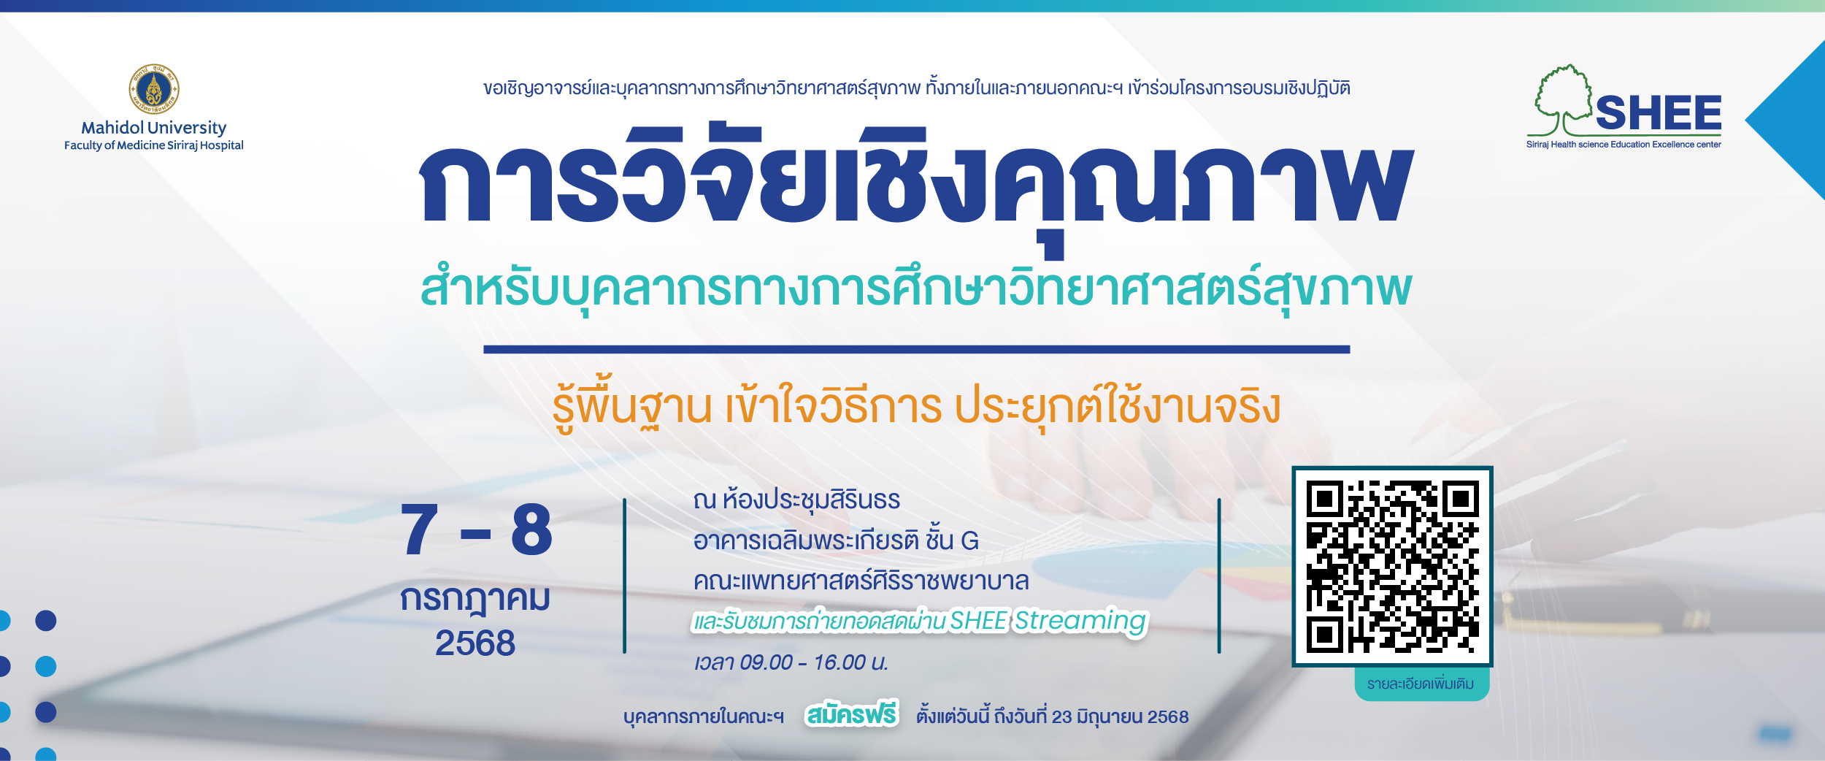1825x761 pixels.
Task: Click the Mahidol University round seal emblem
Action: tap(154, 89)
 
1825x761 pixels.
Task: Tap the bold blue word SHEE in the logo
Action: tap(1659, 113)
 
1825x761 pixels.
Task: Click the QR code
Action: tap(1392, 566)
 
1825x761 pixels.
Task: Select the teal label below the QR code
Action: tap(1421, 684)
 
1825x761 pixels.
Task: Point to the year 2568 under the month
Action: tap(475, 643)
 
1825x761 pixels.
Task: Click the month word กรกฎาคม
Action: tap(475, 599)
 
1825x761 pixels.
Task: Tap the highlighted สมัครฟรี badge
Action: tap(851, 715)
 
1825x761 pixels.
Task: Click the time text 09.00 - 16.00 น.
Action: tap(813, 662)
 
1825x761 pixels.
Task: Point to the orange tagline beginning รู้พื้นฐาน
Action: tap(916, 406)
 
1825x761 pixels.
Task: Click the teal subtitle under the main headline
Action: tap(916, 288)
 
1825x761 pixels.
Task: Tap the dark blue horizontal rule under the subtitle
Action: tap(916, 350)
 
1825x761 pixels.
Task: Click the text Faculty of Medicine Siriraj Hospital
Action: tap(154, 145)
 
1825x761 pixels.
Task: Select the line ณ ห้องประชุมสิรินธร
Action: tap(796, 500)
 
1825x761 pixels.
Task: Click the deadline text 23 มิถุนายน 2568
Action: tap(1120, 717)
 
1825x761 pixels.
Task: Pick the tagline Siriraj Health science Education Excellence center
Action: tap(1624, 145)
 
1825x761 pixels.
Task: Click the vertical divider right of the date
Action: tap(624, 576)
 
